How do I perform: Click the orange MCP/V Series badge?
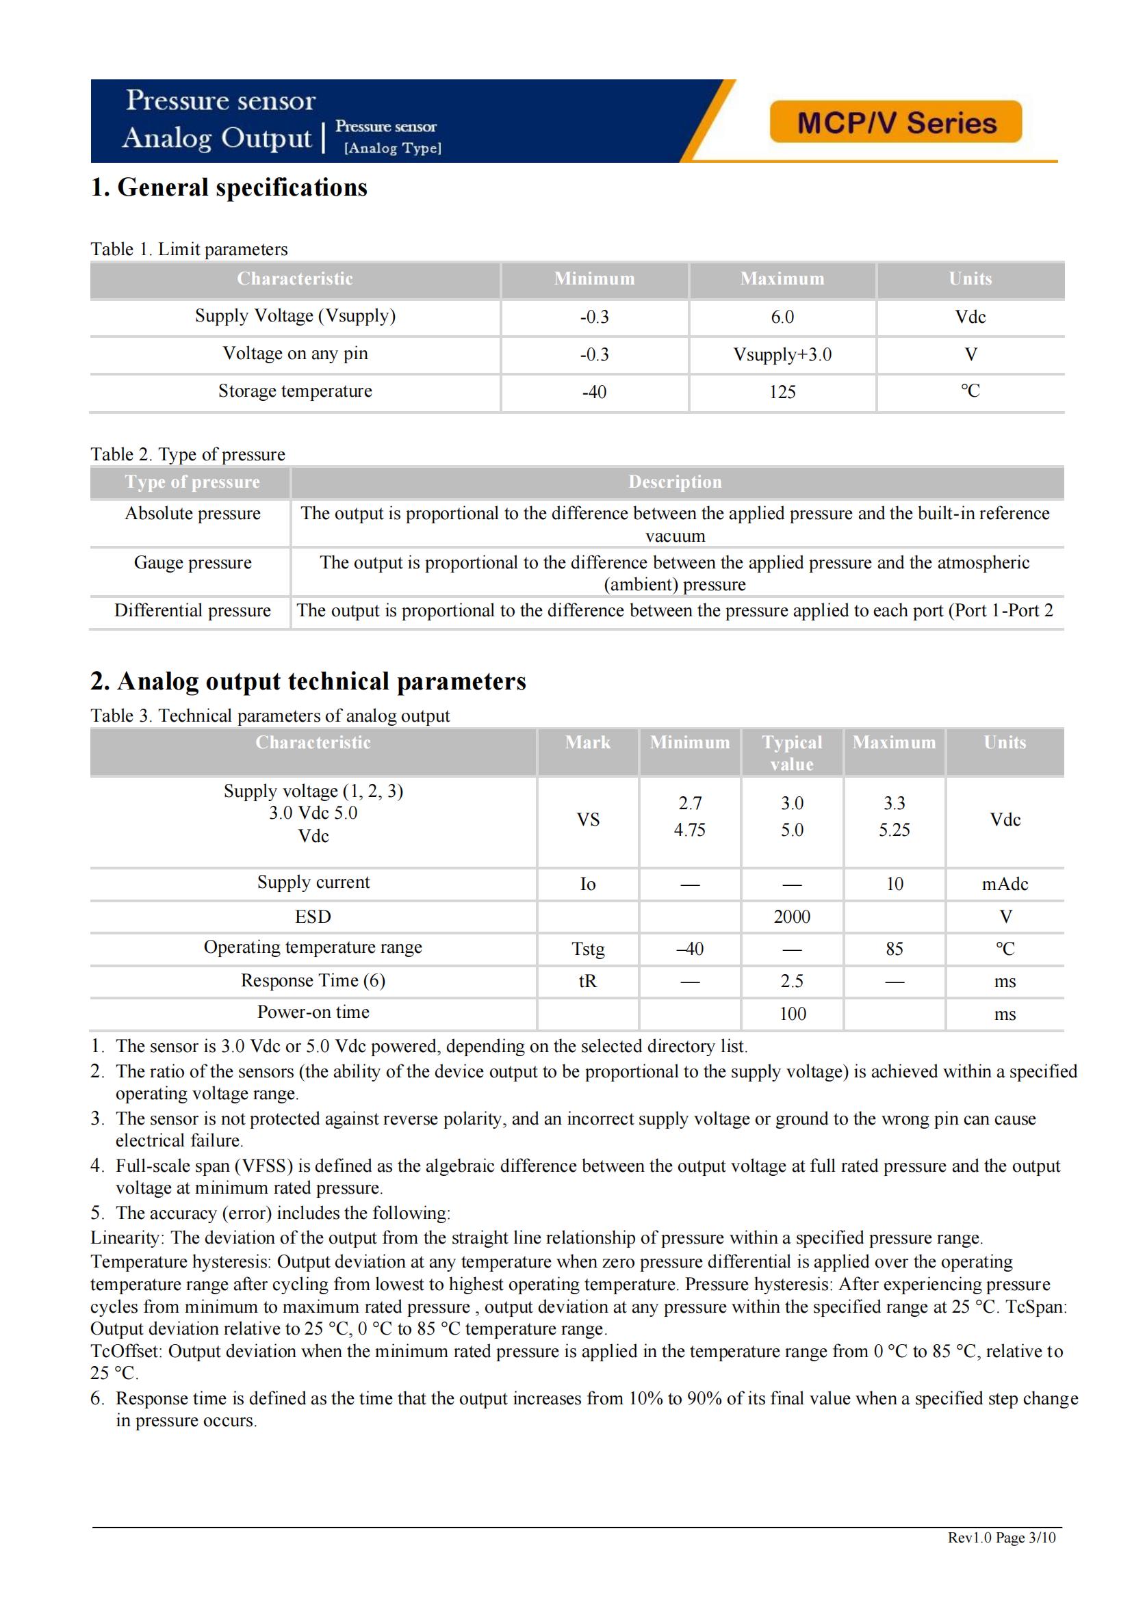896,122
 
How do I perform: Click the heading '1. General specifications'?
229,187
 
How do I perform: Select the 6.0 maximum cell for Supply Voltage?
782,317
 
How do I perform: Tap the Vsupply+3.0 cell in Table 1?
782,355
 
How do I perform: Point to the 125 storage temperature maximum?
782,393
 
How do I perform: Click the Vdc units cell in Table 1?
970,317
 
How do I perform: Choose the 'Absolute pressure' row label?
192,514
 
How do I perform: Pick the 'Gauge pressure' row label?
192,562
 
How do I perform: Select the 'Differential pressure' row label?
192,610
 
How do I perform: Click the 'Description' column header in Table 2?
675,482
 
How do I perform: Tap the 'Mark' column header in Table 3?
588,743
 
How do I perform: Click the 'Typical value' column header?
792,752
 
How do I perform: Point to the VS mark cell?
588,820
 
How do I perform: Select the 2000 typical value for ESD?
792,917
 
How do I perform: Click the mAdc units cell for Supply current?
1005,884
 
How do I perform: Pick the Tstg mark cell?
588,949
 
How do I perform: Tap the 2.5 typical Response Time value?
792,981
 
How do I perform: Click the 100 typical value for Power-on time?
792,1014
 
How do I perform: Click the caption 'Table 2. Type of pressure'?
188,454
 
